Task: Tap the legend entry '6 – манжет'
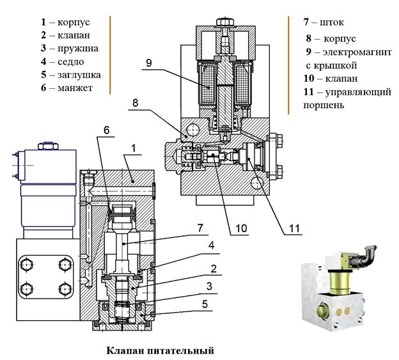(66, 88)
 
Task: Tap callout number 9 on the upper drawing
(148, 63)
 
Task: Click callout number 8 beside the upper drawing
(136, 101)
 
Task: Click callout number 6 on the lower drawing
(106, 129)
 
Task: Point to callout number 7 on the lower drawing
(199, 227)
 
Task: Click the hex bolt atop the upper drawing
(223, 22)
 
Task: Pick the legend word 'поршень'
(325, 106)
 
